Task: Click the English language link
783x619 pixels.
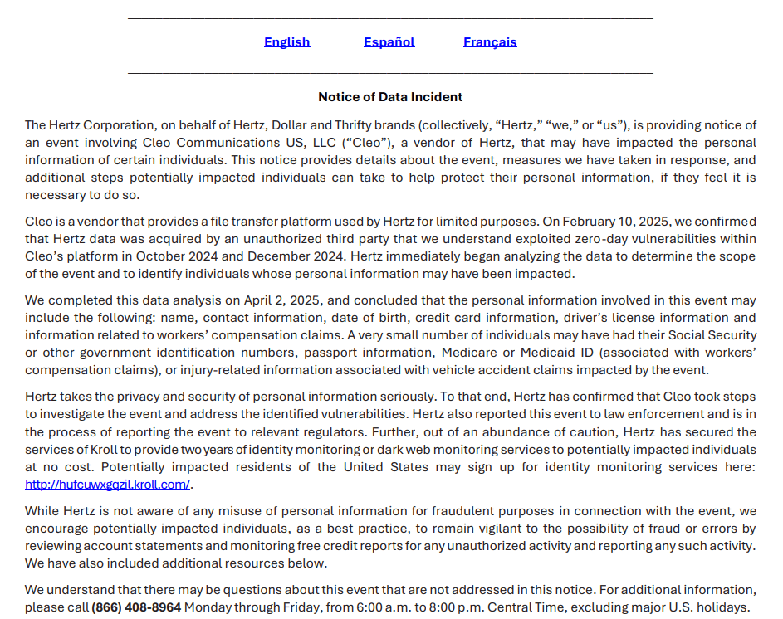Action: [286, 42]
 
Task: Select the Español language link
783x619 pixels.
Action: [389, 42]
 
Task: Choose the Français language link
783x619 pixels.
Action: [490, 42]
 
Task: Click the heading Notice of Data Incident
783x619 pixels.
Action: [390, 97]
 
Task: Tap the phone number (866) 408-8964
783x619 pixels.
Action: [136, 607]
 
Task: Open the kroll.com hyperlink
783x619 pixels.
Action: [107, 485]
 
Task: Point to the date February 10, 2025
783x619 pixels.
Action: [613, 222]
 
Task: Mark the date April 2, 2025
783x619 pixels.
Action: [280, 300]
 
